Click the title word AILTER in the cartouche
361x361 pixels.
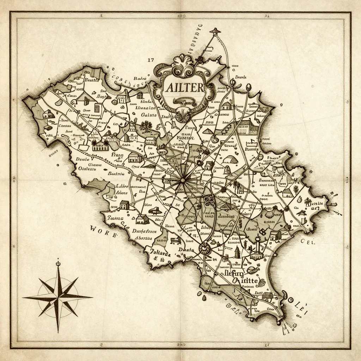click(x=184, y=87)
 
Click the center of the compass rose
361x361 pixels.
click(x=58, y=297)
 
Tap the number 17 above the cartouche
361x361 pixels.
click(x=151, y=60)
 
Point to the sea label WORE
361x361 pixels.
click(x=103, y=228)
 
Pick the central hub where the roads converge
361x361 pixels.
click(x=182, y=180)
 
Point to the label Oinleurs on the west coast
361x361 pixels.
click(x=87, y=169)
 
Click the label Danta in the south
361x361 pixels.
click(x=185, y=250)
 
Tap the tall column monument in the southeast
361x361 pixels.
click(x=258, y=243)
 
